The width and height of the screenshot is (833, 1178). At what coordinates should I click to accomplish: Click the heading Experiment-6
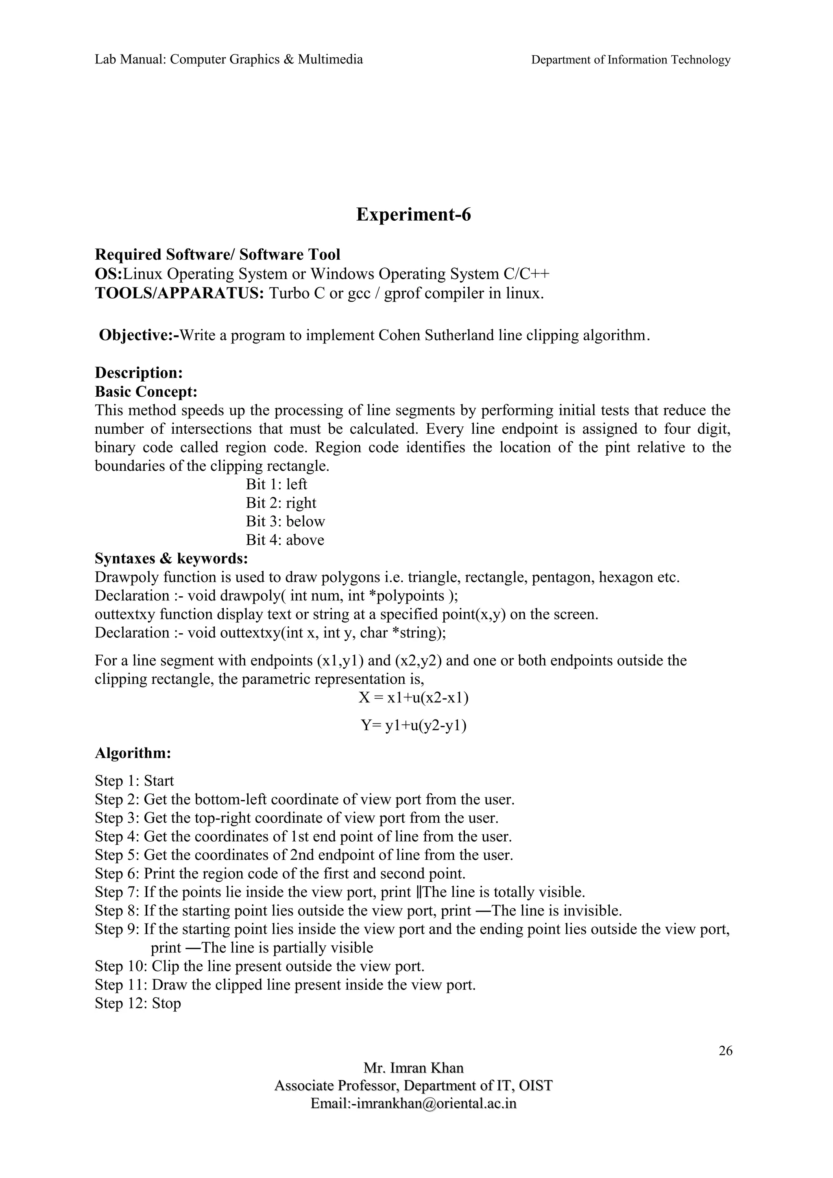(x=413, y=215)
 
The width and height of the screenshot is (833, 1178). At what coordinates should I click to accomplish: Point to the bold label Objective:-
(x=139, y=335)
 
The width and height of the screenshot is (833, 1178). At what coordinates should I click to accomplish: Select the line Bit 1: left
(x=276, y=485)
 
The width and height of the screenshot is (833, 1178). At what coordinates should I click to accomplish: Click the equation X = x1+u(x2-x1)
(x=413, y=698)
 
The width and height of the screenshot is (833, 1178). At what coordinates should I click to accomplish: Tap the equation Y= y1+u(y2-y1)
(x=413, y=726)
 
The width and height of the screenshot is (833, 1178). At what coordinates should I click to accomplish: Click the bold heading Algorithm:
(x=133, y=753)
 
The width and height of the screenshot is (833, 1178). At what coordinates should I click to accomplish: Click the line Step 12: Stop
(x=137, y=1003)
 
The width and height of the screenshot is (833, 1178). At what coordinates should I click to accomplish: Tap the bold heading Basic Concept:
(x=146, y=392)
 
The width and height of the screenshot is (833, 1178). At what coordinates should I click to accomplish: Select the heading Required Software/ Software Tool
(x=218, y=254)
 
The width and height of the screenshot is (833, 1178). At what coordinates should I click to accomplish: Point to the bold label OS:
(x=108, y=274)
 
